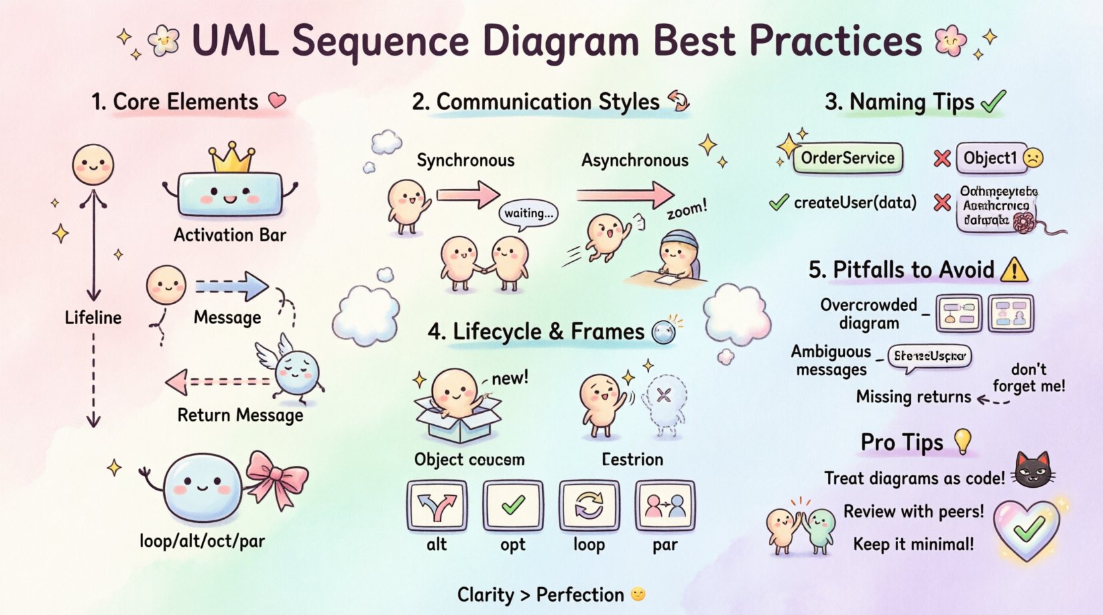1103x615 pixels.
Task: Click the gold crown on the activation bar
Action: click(x=231, y=157)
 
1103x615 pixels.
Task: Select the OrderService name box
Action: click(x=848, y=158)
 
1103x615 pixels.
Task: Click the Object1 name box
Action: click(x=990, y=158)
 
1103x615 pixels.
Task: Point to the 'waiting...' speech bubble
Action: click(x=528, y=213)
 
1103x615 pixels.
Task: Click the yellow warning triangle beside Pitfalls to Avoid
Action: click(x=1015, y=270)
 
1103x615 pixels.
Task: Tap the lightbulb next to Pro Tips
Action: click(x=962, y=440)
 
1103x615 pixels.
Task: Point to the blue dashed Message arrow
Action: click(x=231, y=286)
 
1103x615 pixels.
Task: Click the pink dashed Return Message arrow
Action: click(x=219, y=382)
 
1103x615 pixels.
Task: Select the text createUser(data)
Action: click(x=855, y=203)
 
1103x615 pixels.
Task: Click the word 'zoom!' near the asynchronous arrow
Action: click(x=687, y=210)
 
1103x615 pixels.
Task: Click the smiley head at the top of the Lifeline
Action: click(x=93, y=165)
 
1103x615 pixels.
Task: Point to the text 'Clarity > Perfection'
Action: click(x=540, y=595)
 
